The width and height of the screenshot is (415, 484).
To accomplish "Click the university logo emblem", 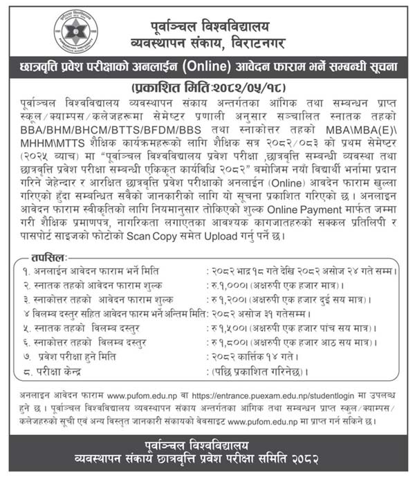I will tap(76, 31).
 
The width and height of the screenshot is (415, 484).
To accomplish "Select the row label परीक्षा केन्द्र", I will tap(65, 372).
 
